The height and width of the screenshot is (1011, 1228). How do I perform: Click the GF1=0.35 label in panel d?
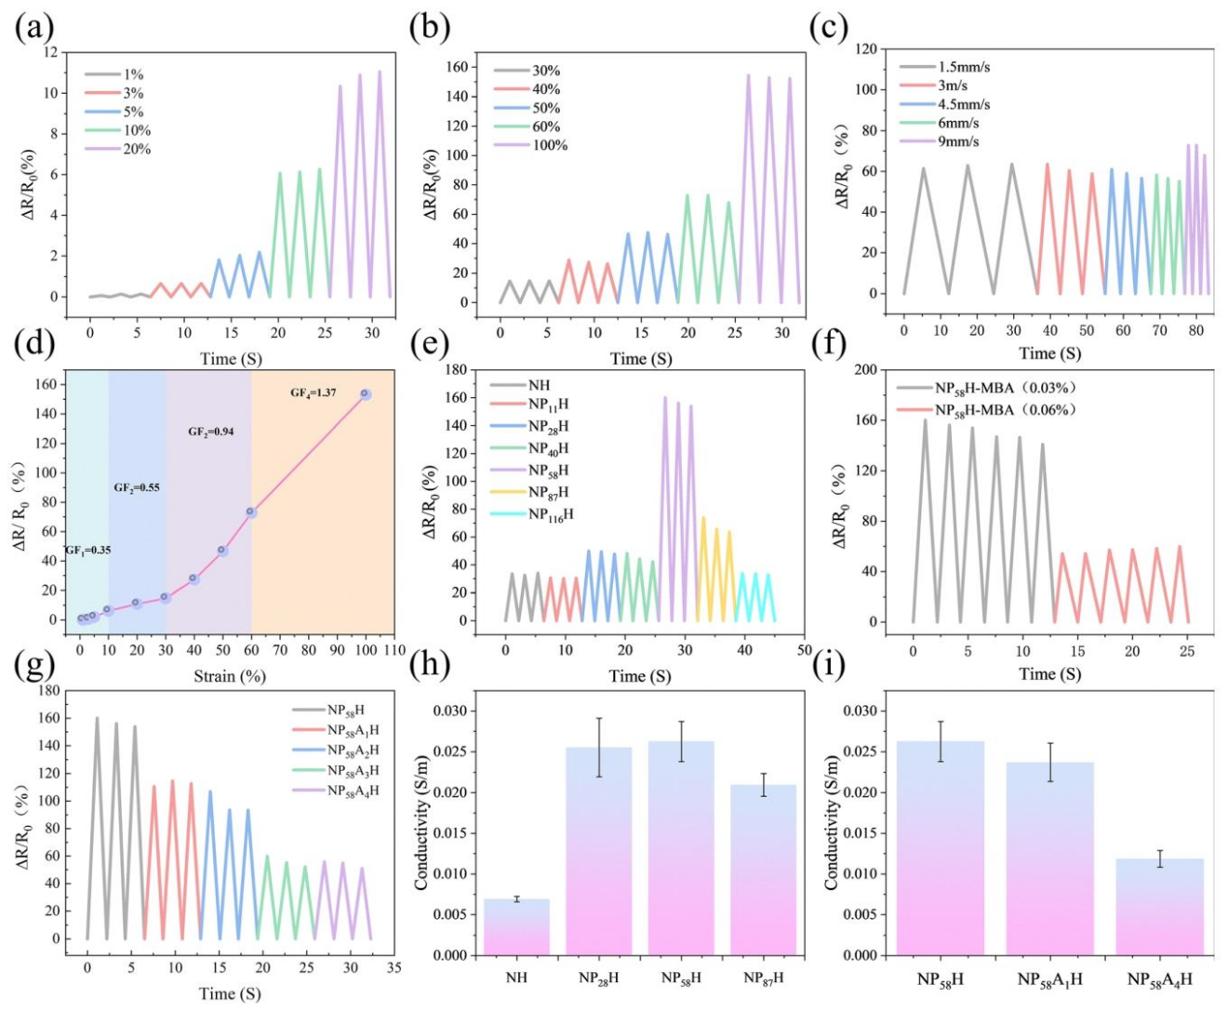87,551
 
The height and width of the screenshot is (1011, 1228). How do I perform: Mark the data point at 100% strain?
366,394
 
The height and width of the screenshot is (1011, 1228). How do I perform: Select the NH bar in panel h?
516,926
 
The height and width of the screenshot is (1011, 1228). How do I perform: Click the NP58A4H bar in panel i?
1159,907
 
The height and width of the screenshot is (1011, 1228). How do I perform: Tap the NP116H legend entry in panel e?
551,514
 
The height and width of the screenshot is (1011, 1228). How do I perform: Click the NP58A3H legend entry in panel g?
353,770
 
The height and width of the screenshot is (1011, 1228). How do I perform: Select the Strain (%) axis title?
230,676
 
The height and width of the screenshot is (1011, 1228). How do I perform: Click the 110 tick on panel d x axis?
394,650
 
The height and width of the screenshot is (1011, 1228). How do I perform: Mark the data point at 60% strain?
251,512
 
